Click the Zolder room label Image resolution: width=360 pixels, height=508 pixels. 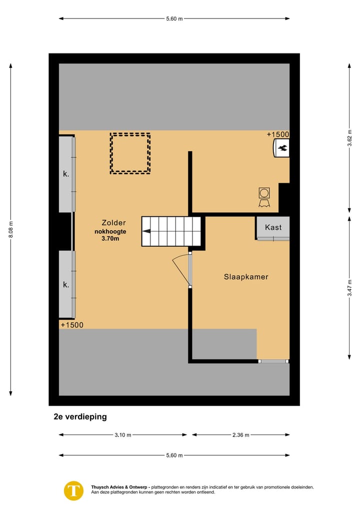pos(113,223)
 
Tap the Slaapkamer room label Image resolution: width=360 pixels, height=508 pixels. pos(246,276)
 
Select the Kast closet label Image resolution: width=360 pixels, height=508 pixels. pos(273,227)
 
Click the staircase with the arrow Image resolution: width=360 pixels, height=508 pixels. pos(171,231)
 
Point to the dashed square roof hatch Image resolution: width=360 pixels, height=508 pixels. pos(130,153)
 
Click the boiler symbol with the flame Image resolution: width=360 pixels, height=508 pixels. pos(281,148)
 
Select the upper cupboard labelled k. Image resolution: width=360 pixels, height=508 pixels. pos(66,174)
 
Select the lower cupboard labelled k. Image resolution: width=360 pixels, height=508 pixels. pos(66,285)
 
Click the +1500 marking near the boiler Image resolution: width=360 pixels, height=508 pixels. pos(277,134)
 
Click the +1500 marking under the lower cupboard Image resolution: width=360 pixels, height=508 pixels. pos(72,325)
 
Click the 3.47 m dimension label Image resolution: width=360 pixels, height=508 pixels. pos(349,287)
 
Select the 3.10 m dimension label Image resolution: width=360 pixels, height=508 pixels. pos(123,435)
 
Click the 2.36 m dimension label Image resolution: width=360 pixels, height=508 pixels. pos(240,435)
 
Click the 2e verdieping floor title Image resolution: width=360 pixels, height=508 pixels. pos(80,417)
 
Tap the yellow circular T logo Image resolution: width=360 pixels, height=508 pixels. pos(74,490)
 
